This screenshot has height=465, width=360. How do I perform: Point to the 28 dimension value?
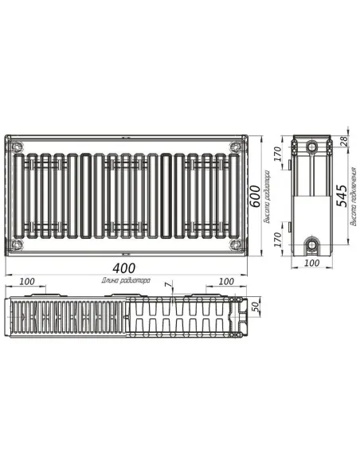click(x=344, y=141)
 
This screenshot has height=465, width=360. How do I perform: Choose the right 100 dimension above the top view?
click(x=226, y=282)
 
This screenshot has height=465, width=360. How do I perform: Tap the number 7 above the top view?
click(x=166, y=284)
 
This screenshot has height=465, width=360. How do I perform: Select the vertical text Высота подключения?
click(x=353, y=206)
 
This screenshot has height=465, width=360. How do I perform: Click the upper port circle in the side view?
click(x=312, y=147)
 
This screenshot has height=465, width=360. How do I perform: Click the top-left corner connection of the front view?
click(x=18, y=147)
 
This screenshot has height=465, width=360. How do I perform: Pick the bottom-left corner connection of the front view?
click(x=18, y=244)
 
